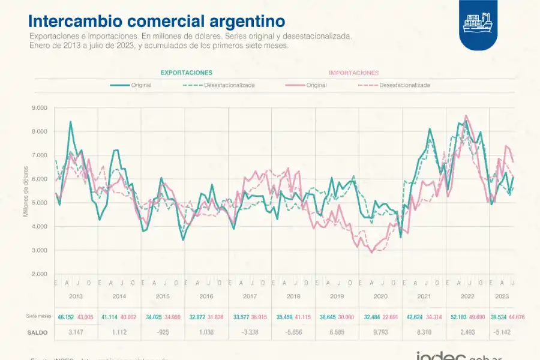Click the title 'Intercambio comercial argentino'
pos(157,21)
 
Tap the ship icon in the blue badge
pos(478,22)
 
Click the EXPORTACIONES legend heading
pos(186,73)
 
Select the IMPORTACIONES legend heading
pos(353,73)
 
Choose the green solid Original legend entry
pos(131,85)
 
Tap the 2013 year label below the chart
pos(76,296)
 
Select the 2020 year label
pos(380,296)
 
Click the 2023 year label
pos(502,296)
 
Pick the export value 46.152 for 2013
pos(65,316)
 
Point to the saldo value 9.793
pos(380,331)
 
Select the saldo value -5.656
pos(293,331)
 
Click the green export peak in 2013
pos(71,122)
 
